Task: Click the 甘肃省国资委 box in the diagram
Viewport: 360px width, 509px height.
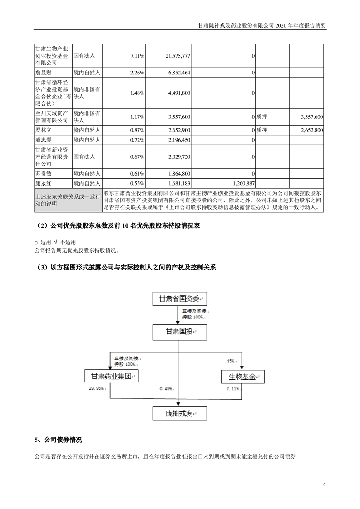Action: (179, 299)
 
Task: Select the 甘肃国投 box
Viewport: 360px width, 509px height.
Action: (179, 332)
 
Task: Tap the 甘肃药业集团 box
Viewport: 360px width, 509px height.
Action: (111, 377)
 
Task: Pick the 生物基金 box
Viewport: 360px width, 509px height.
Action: (242, 377)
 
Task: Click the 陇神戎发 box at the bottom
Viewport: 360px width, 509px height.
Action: (179, 413)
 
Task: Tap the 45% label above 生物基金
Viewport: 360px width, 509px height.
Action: (231, 361)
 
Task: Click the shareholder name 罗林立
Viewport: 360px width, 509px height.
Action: (44, 130)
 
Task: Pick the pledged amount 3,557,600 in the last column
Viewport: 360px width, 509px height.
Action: (311, 117)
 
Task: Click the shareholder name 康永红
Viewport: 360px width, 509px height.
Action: (44, 183)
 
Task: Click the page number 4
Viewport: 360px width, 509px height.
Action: (324, 485)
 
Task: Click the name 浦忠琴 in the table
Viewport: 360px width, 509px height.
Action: (44, 140)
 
